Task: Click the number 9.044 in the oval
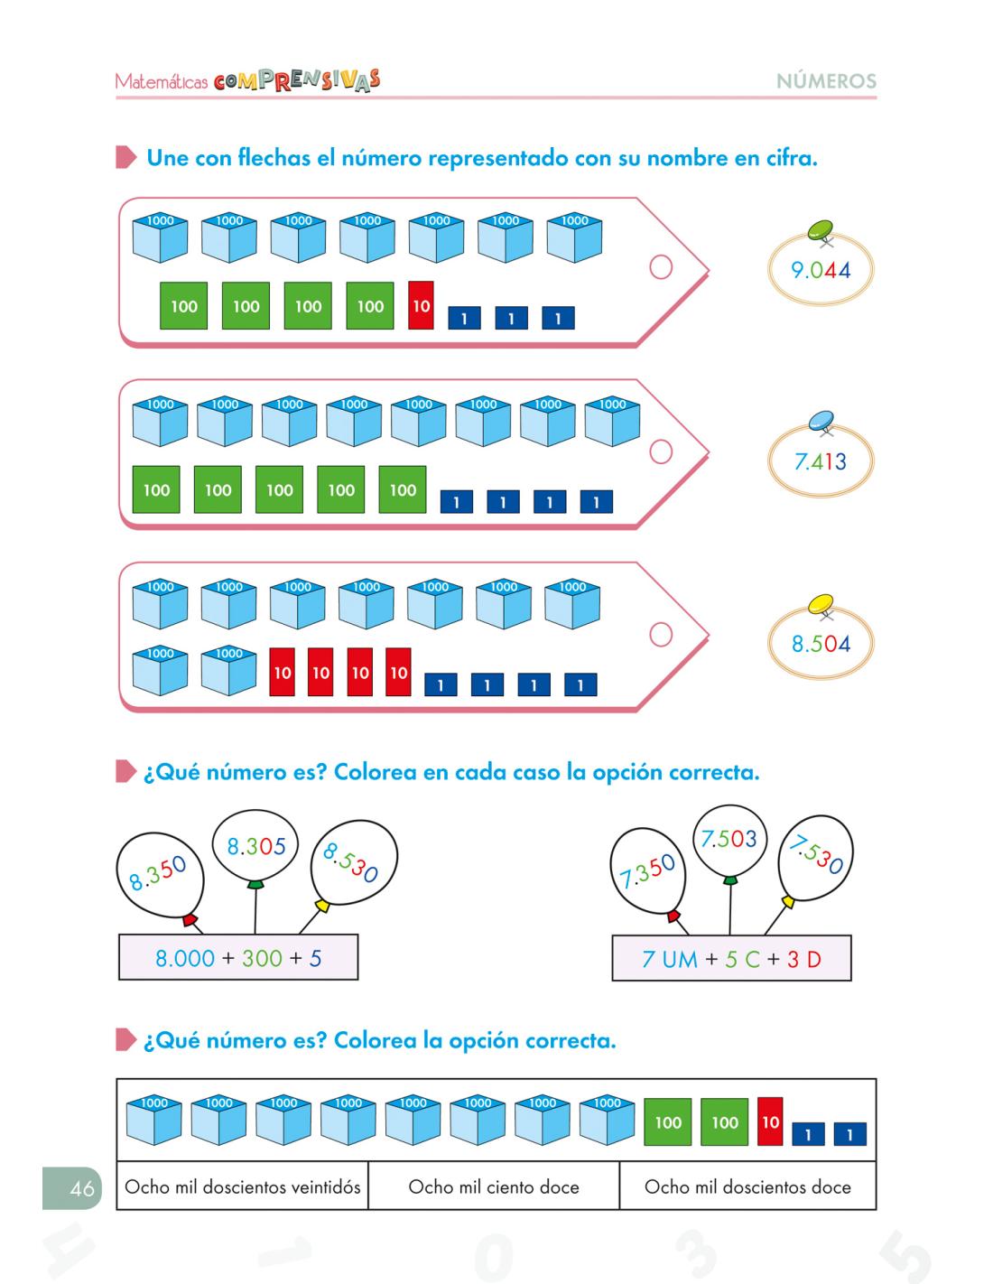(821, 270)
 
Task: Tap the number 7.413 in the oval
(821, 462)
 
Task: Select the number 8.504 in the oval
(821, 644)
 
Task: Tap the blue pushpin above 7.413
(823, 418)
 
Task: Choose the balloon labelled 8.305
(255, 846)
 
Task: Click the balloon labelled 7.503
(729, 840)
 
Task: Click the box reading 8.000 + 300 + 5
(238, 958)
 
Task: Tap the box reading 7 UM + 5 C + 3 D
(731, 959)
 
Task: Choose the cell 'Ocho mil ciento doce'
(494, 1187)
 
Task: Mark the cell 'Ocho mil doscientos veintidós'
(243, 1187)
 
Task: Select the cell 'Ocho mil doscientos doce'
(747, 1187)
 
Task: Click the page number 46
(81, 1188)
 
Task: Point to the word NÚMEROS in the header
(826, 81)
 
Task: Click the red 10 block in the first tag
(421, 305)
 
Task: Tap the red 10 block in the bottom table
(769, 1122)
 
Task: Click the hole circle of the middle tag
(661, 451)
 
